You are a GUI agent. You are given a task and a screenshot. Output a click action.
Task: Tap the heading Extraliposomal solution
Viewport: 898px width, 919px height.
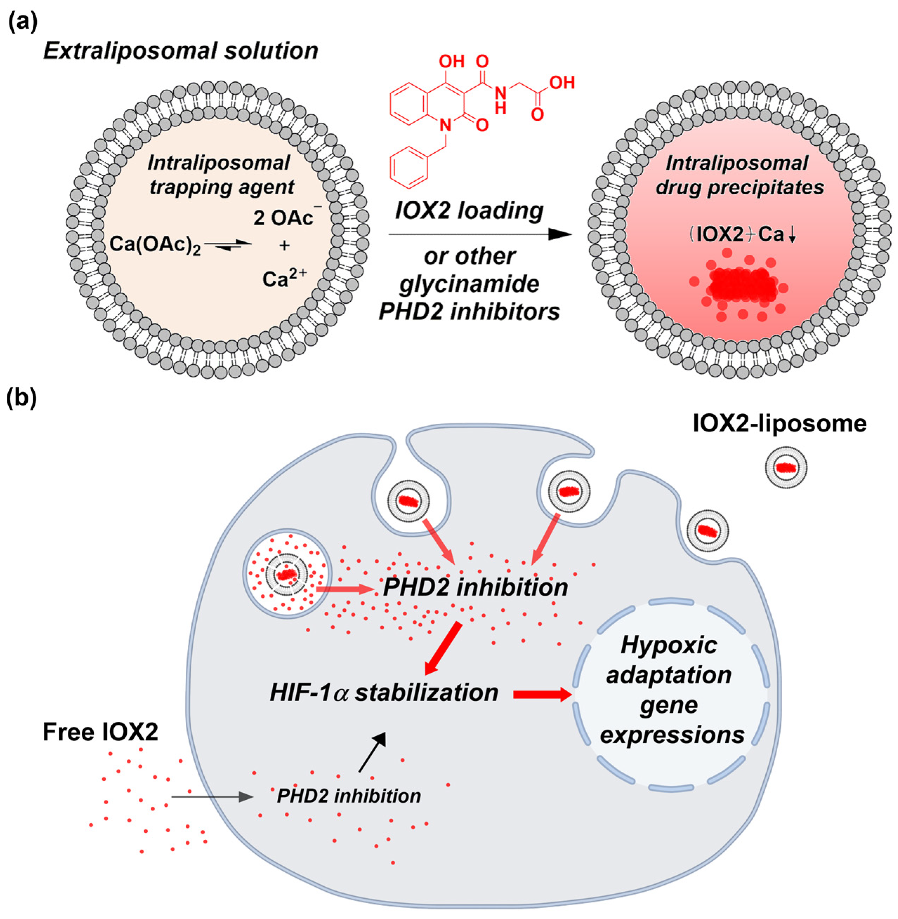tap(181, 51)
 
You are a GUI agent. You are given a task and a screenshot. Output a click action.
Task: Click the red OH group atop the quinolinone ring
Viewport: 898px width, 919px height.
tap(451, 61)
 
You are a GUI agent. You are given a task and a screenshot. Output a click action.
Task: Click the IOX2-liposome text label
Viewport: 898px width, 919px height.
tap(779, 424)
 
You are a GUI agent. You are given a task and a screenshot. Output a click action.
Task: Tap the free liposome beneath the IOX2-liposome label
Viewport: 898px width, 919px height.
tap(786, 468)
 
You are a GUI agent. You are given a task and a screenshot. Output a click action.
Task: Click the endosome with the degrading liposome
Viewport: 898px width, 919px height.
tap(287, 574)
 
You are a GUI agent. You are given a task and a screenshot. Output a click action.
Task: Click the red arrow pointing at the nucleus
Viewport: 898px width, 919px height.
tap(542, 694)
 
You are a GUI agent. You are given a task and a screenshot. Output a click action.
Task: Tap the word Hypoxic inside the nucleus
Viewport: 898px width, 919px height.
tap(669, 645)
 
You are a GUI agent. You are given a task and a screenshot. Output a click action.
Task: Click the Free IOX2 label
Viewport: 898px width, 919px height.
tap(100, 732)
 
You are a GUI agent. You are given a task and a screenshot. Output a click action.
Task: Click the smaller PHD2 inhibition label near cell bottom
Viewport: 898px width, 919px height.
tap(349, 796)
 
